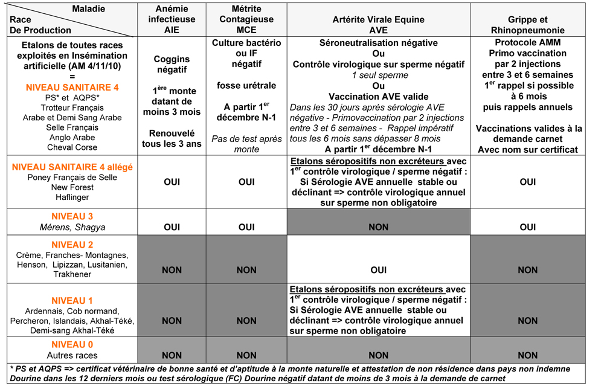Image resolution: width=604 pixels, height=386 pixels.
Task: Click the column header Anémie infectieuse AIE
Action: (x=172, y=19)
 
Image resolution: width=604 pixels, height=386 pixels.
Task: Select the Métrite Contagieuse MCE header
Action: (x=246, y=19)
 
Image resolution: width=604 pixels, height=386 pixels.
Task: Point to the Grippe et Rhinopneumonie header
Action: (x=528, y=25)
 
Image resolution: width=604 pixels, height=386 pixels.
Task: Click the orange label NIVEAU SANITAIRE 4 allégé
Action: (x=72, y=167)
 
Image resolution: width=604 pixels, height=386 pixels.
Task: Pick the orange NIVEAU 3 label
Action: (x=72, y=216)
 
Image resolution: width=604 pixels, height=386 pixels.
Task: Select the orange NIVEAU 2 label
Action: (x=72, y=245)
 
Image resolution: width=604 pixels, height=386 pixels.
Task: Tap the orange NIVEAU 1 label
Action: (x=72, y=301)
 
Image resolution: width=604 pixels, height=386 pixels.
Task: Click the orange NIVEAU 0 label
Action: (x=72, y=344)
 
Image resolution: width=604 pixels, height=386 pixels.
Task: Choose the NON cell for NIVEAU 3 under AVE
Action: (x=378, y=227)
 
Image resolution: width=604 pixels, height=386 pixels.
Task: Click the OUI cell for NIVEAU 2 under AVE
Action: (x=378, y=270)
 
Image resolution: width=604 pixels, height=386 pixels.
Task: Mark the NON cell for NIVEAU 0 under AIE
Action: (x=172, y=355)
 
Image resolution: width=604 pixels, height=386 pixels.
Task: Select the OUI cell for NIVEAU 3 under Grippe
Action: (x=528, y=227)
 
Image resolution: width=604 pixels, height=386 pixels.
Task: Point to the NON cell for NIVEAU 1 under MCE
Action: (x=246, y=321)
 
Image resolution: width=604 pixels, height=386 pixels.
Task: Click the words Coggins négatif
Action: (x=172, y=65)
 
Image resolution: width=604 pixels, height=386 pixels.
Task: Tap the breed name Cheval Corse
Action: (x=72, y=147)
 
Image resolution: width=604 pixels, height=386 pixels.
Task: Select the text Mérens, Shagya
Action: (x=72, y=227)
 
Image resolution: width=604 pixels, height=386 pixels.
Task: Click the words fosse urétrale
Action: (x=246, y=85)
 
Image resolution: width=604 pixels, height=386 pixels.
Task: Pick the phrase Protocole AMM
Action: (x=528, y=43)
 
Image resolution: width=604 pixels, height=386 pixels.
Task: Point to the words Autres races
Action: (x=72, y=355)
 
